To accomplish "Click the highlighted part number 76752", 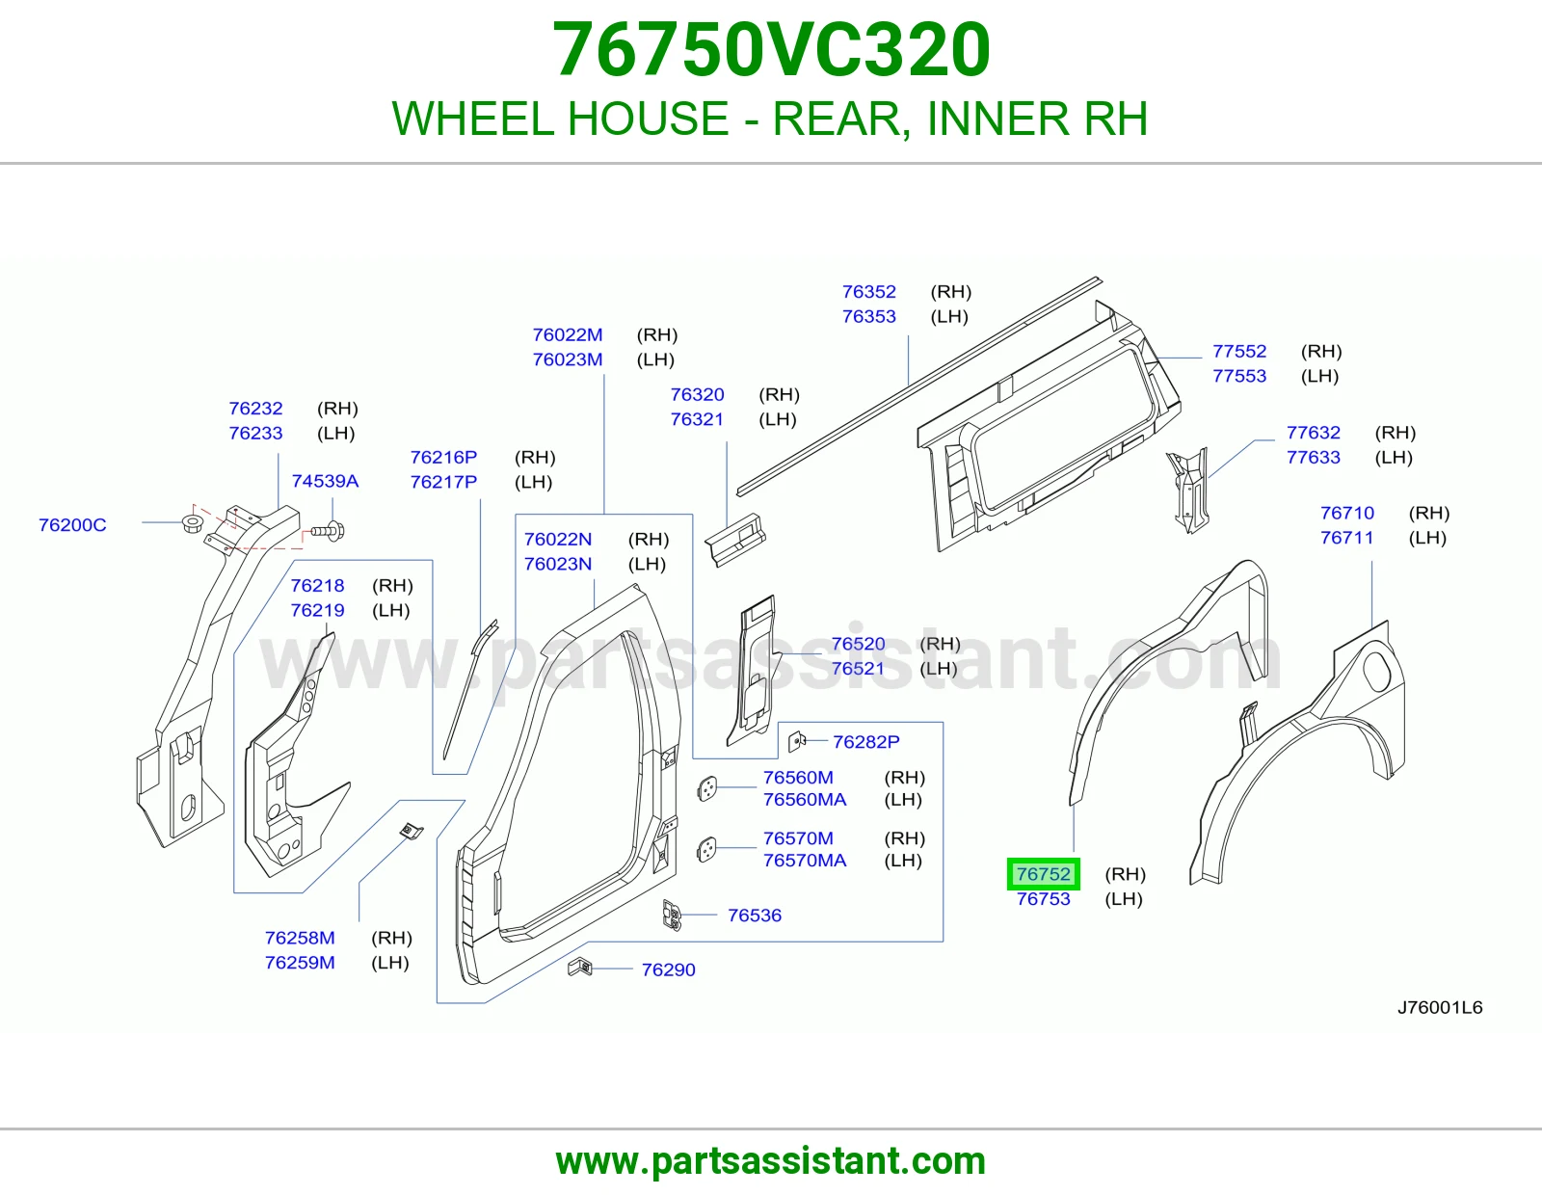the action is pyautogui.click(x=1043, y=873).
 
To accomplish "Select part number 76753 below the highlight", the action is pyautogui.click(x=1043, y=898).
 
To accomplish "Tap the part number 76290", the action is pyautogui.click(x=668, y=969).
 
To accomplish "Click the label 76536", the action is pyautogui.click(x=755, y=915).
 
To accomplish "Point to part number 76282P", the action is pyautogui.click(x=865, y=741).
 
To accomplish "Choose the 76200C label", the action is pyautogui.click(x=72, y=524).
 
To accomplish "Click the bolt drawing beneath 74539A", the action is pyautogui.click(x=329, y=530).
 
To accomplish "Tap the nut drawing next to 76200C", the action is pyautogui.click(x=193, y=523).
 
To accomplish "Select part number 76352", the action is pyautogui.click(x=868, y=291).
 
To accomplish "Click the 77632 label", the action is pyautogui.click(x=1313, y=432).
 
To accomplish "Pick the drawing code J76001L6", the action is pyautogui.click(x=1440, y=1007).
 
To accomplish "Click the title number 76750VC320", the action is pyautogui.click(x=771, y=49).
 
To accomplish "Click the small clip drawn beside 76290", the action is pyautogui.click(x=579, y=967).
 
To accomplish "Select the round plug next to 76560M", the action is pyautogui.click(x=707, y=787).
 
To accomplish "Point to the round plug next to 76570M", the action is pyautogui.click(x=707, y=849).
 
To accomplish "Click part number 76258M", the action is pyautogui.click(x=300, y=938).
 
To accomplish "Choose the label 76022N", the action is pyautogui.click(x=558, y=539).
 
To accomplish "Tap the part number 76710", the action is pyautogui.click(x=1347, y=513).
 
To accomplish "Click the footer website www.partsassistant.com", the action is pyautogui.click(x=771, y=1161).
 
